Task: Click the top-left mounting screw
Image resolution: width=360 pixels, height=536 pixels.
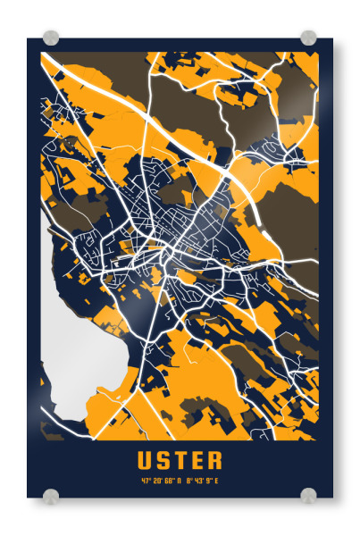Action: pyautogui.click(x=51, y=38)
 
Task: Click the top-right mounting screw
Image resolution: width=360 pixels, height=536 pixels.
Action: pyautogui.click(x=308, y=38)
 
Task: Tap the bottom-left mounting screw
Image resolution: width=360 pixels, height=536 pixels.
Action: pyautogui.click(x=51, y=495)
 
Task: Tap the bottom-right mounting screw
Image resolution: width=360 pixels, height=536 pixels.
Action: pyautogui.click(x=308, y=495)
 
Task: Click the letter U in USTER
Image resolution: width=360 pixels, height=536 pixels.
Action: pyautogui.click(x=145, y=461)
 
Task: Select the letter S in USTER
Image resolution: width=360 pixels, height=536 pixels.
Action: pyautogui.click(x=163, y=461)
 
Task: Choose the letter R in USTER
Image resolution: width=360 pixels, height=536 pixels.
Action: pyautogui.click(x=214, y=461)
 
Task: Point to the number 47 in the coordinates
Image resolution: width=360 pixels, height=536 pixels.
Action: pyautogui.click(x=145, y=482)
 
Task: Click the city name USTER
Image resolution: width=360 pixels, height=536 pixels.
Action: pyautogui.click(x=180, y=461)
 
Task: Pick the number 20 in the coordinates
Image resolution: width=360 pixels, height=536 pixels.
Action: pyautogui.click(x=155, y=482)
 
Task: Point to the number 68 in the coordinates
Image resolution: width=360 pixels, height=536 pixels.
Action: pyautogui.click(x=168, y=482)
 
